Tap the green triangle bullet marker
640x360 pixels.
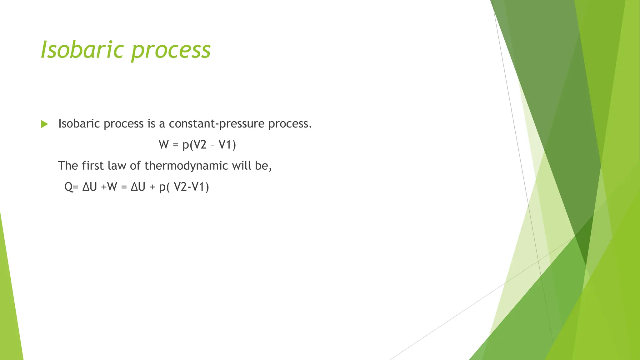[44, 124]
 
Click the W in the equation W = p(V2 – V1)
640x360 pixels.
[163, 145]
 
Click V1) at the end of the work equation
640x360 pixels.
[227, 145]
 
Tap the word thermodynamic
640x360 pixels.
[186, 166]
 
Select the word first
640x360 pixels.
[92, 166]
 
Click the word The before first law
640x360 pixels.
[68, 166]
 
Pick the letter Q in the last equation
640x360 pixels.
[69, 187]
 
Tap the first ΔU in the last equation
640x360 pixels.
[90, 187]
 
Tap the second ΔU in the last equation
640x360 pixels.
[138, 187]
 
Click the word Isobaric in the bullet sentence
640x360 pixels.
[79, 124]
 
